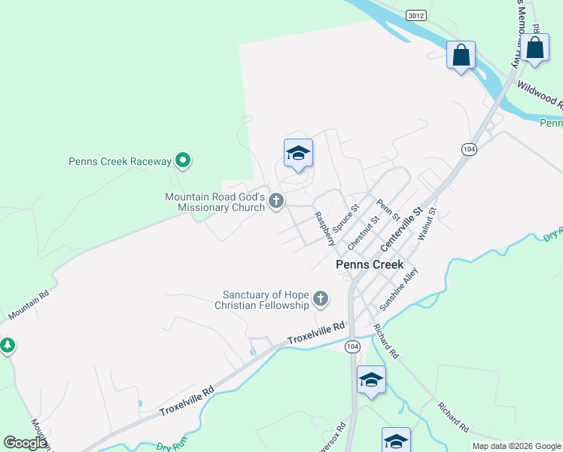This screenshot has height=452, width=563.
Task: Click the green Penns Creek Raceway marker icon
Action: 182,160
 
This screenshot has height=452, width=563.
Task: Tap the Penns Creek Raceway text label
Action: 120,161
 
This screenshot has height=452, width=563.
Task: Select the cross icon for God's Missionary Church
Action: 276,201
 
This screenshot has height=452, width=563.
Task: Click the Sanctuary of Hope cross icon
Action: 320,299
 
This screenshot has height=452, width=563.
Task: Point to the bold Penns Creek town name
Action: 370,265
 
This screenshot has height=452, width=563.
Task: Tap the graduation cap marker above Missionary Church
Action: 298,153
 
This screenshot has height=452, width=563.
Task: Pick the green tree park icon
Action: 8,345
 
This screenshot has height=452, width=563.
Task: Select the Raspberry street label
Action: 324,229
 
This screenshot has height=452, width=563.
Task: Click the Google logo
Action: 25,443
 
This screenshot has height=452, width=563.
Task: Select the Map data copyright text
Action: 516,447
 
